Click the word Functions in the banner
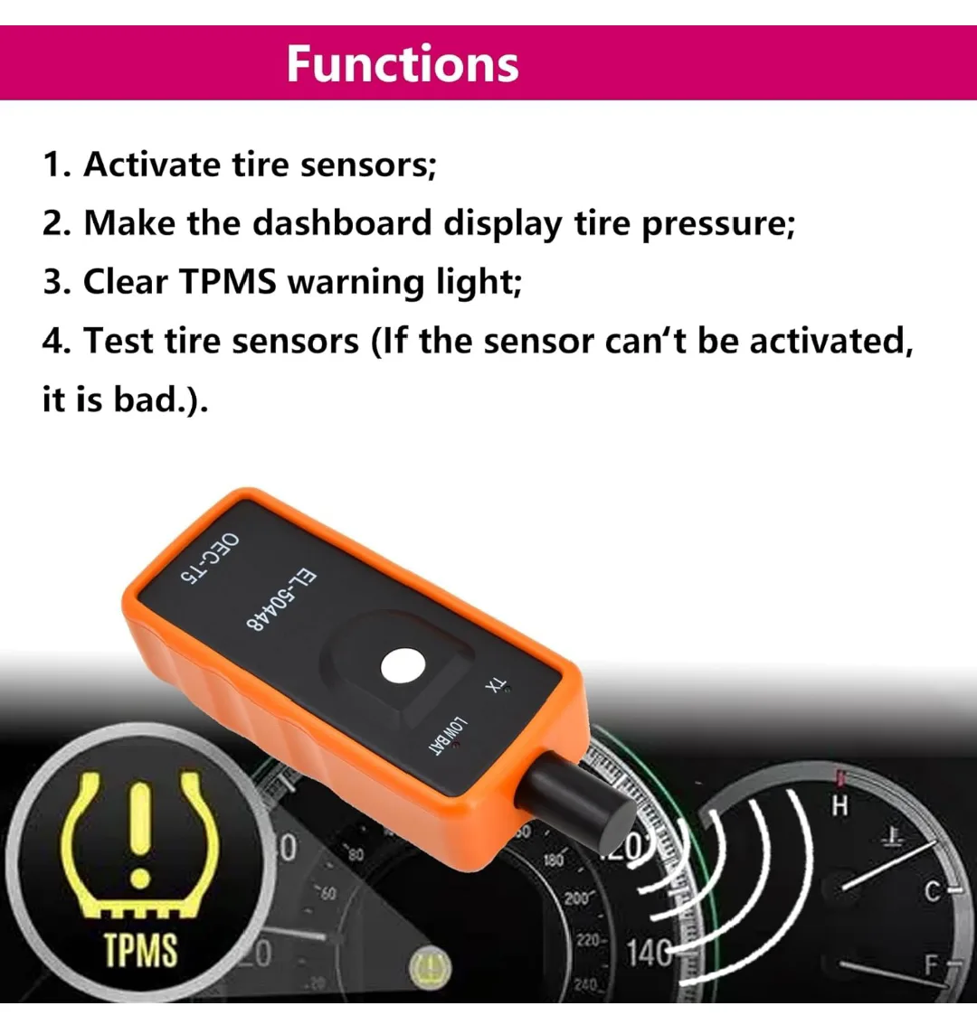pyautogui.click(x=403, y=63)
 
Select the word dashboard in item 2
pyautogui.click(x=341, y=223)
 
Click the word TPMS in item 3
pyautogui.click(x=228, y=282)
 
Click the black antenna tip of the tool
pyautogui.click(x=579, y=801)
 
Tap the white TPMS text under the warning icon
pyautogui.click(x=141, y=950)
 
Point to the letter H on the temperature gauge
pyautogui.click(x=840, y=806)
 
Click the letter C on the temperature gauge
pyautogui.click(x=933, y=893)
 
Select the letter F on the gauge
pyautogui.click(x=932, y=965)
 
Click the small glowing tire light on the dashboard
pyautogui.click(x=430, y=970)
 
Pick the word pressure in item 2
pyautogui.click(x=716, y=223)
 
